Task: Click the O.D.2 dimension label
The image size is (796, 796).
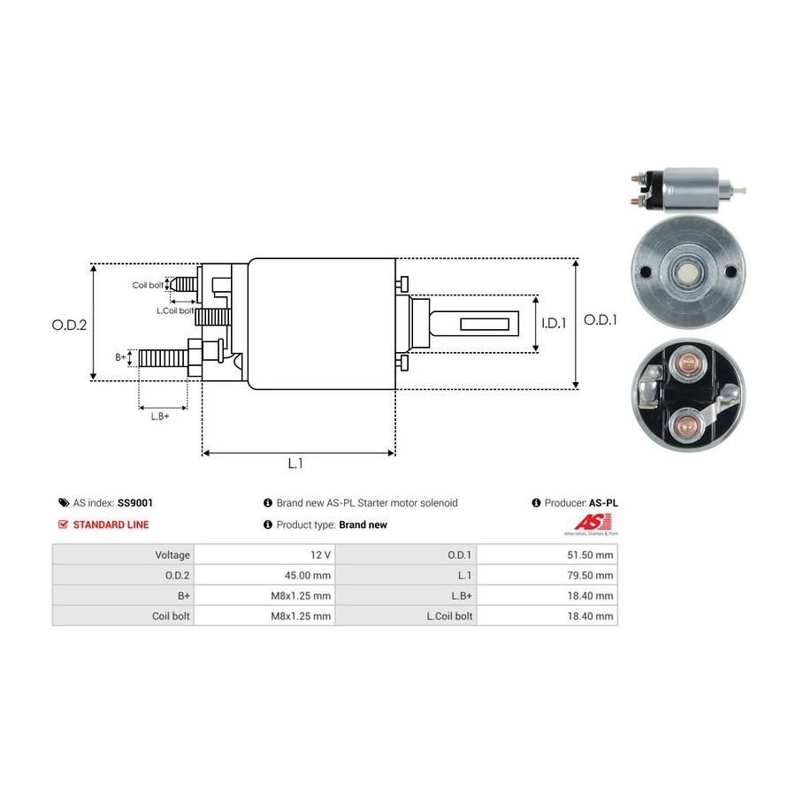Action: [x=69, y=325]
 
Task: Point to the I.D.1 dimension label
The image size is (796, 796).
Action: [x=554, y=324]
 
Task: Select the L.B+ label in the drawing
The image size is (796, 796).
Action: [x=160, y=416]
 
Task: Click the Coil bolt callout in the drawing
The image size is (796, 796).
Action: [x=148, y=285]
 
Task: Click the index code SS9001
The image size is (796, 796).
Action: [x=135, y=502]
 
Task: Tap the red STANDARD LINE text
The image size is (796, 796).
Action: [x=111, y=524]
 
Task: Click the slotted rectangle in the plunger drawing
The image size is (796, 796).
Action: [x=489, y=324]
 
